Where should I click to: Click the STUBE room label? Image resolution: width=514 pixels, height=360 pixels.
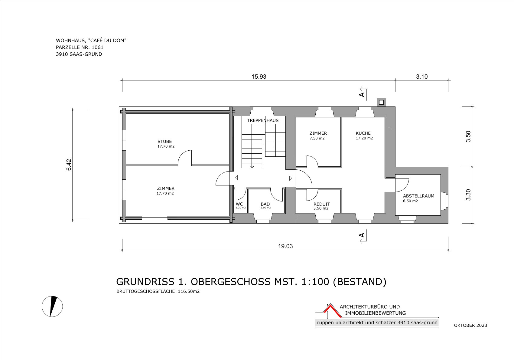[164, 142]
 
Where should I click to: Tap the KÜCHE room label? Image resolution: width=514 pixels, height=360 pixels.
[363, 133]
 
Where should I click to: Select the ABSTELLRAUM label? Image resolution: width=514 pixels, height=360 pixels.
[419, 196]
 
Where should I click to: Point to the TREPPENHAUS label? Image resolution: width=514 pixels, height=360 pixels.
[263, 120]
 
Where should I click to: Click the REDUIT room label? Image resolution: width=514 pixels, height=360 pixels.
[322, 204]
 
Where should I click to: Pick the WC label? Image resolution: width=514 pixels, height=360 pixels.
[239, 204]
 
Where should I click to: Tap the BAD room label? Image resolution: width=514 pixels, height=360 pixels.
[265, 204]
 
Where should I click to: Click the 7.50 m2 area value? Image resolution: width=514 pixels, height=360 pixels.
[317, 138]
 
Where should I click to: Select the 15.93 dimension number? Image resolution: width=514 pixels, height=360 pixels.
[259, 77]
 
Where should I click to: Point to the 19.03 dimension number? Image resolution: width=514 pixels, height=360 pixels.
[285, 246]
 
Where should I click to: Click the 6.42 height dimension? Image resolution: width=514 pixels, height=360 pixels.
[69, 165]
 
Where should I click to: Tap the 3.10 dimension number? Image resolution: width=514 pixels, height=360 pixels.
[422, 77]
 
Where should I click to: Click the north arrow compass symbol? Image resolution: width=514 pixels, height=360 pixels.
[52, 306]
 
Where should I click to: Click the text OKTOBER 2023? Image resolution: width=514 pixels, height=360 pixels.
[470, 325]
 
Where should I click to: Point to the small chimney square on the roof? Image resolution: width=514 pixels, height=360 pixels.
[381, 102]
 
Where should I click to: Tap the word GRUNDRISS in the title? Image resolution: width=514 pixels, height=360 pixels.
[145, 282]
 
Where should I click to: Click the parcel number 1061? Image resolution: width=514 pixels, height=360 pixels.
[98, 47]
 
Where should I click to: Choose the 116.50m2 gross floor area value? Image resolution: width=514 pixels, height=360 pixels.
[189, 291]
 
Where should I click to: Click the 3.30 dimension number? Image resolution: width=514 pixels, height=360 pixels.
[468, 195]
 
